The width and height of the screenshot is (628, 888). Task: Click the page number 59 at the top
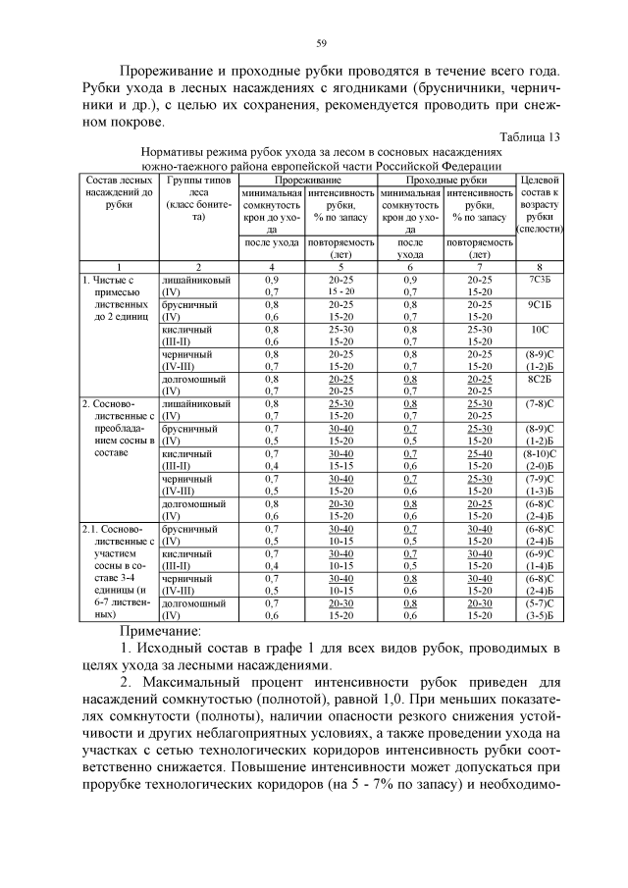coord(320,42)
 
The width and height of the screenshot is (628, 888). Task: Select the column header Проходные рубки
coord(446,181)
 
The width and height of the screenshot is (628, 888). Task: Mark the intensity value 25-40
coord(480,453)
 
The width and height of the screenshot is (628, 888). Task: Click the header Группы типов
coord(197,181)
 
